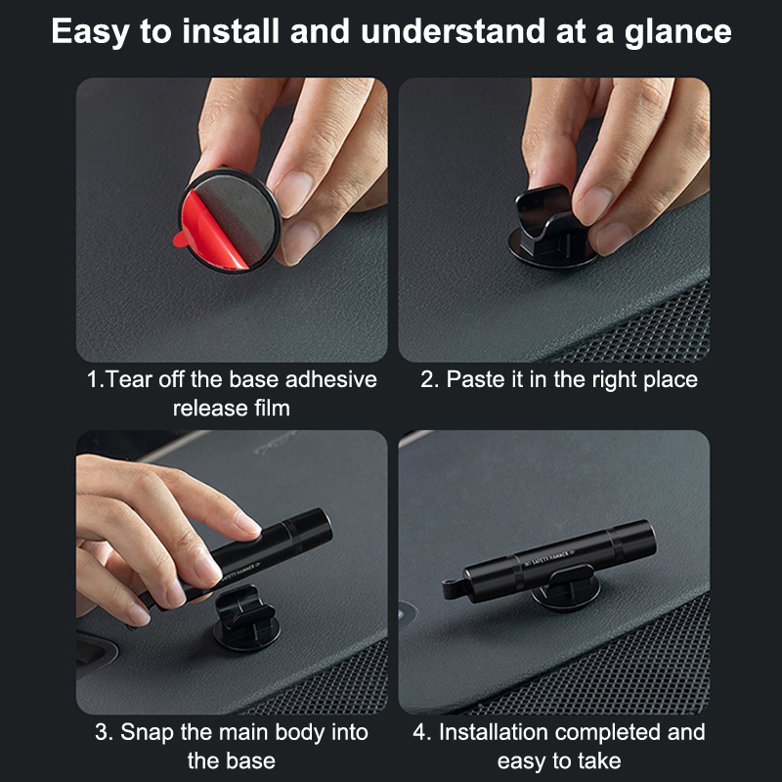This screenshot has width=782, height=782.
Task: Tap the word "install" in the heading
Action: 231,31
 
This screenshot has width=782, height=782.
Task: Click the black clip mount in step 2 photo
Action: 551,227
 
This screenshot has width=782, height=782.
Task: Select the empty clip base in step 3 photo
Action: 246,619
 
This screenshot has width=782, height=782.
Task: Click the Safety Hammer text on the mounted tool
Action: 548,559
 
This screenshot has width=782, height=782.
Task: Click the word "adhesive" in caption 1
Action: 331,379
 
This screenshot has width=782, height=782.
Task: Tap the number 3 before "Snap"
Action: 102,732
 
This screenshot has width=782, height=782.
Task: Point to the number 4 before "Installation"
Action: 419,732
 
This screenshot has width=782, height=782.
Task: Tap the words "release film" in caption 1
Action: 232,409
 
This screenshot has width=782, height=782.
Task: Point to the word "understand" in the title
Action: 453,31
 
